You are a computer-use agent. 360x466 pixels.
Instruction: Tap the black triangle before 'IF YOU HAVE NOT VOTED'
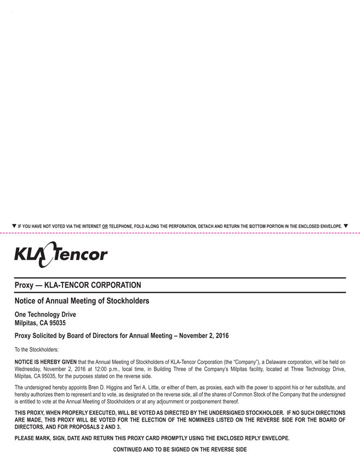[x=14, y=225]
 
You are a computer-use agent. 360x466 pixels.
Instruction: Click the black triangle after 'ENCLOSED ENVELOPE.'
[x=346, y=225]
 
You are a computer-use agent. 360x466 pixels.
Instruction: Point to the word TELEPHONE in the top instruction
[x=123, y=226]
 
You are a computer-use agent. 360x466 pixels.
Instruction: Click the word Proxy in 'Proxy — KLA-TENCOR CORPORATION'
[x=25, y=285]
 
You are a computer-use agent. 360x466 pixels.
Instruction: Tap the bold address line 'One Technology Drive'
[x=45, y=315]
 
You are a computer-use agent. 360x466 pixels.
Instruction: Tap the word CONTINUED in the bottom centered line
[x=130, y=450]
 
